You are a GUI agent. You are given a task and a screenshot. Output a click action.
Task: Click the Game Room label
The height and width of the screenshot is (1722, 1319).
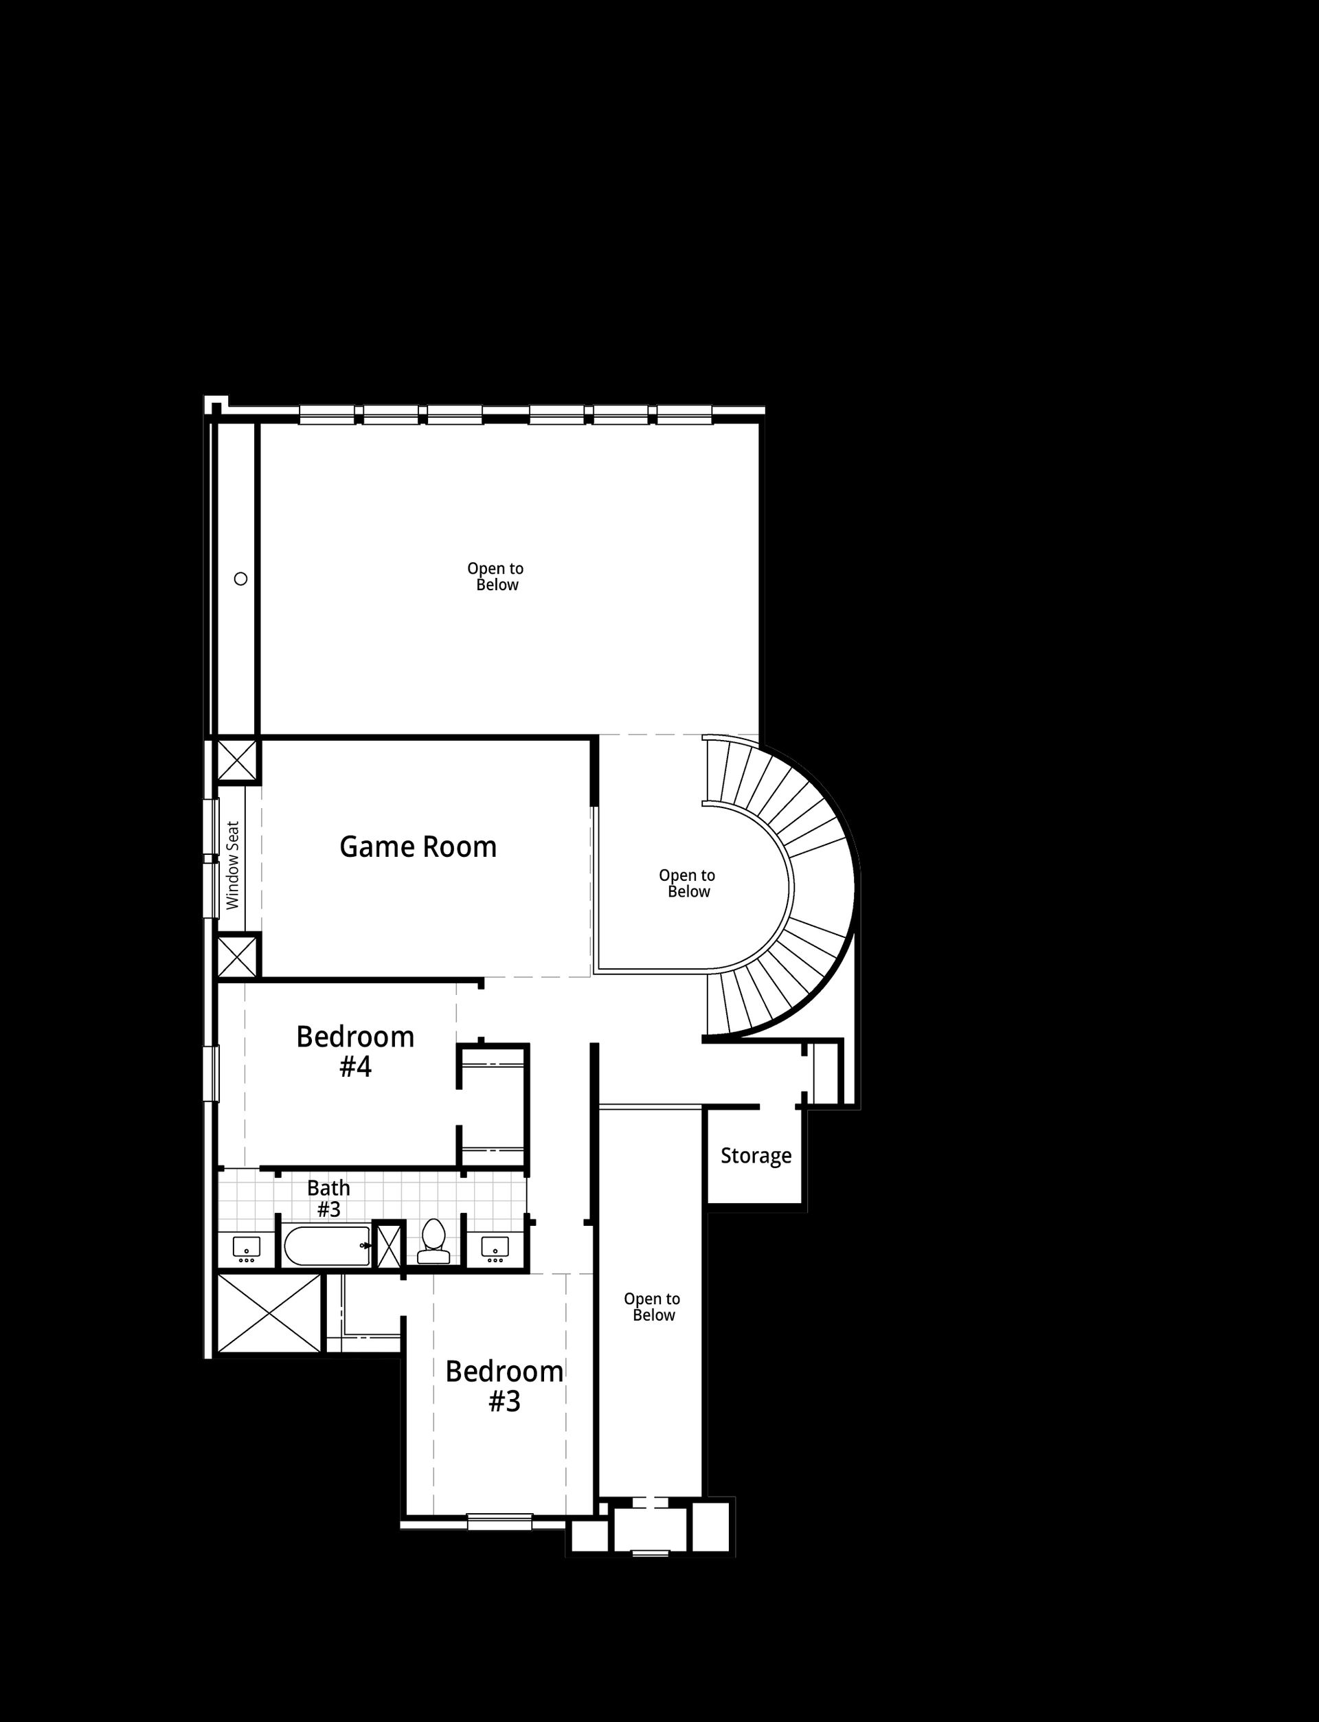coord(418,847)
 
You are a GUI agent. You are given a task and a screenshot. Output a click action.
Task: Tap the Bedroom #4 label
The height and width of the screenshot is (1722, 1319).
coord(355,1051)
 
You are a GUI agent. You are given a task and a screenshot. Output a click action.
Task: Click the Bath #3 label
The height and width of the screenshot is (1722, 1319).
coord(328,1199)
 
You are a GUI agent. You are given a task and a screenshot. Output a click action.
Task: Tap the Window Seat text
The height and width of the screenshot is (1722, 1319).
coord(232,865)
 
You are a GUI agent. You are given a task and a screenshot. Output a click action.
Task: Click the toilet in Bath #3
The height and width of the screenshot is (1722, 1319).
coord(433,1242)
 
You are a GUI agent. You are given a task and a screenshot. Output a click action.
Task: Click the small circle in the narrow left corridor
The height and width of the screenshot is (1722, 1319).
coord(241,579)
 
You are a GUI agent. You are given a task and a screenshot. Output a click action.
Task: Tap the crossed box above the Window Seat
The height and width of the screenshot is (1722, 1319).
coord(237,759)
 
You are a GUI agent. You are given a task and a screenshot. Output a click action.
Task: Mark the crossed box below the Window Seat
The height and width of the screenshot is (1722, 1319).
coord(237,957)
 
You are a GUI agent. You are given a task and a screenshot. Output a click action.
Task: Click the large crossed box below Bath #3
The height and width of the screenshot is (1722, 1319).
coord(269,1314)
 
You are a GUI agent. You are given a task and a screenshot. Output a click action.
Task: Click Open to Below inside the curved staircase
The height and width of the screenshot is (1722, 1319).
coord(687,884)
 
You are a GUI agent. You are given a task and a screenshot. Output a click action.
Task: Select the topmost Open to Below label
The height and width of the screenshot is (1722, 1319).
coord(495,577)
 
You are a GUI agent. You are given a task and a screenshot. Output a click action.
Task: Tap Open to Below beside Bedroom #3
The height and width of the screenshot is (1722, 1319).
coord(652,1306)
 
